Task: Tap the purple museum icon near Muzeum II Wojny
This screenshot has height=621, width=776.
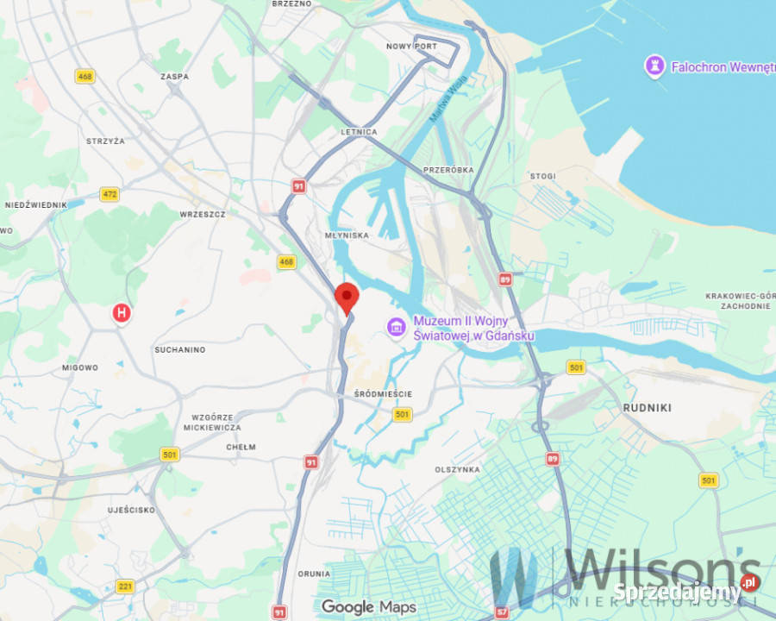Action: coord(397,326)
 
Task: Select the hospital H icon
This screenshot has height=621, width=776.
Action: coord(122,313)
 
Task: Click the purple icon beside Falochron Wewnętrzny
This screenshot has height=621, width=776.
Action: coord(654,66)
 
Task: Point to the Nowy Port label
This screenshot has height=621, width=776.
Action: coord(411,47)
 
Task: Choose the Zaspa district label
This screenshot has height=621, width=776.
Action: coord(174,77)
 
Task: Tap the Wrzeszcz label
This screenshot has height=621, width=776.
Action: coord(203,213)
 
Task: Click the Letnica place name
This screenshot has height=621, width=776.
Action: coord(360,132)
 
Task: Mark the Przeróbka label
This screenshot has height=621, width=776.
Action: coord(448,170)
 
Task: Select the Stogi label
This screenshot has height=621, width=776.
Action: coord(542,177)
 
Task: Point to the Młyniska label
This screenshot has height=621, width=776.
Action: coord(348,235)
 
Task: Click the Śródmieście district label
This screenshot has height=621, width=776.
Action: coord(383,394)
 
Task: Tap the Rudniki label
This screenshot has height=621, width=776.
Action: coord(647,407)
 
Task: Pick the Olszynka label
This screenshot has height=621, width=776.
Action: coord(457,469)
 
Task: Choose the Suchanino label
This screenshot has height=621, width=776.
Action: coord(179,349)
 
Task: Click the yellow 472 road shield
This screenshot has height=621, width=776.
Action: coord(109,195)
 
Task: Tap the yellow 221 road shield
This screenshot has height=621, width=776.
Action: coord(125,587)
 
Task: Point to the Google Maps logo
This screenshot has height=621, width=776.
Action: coord(368,607)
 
